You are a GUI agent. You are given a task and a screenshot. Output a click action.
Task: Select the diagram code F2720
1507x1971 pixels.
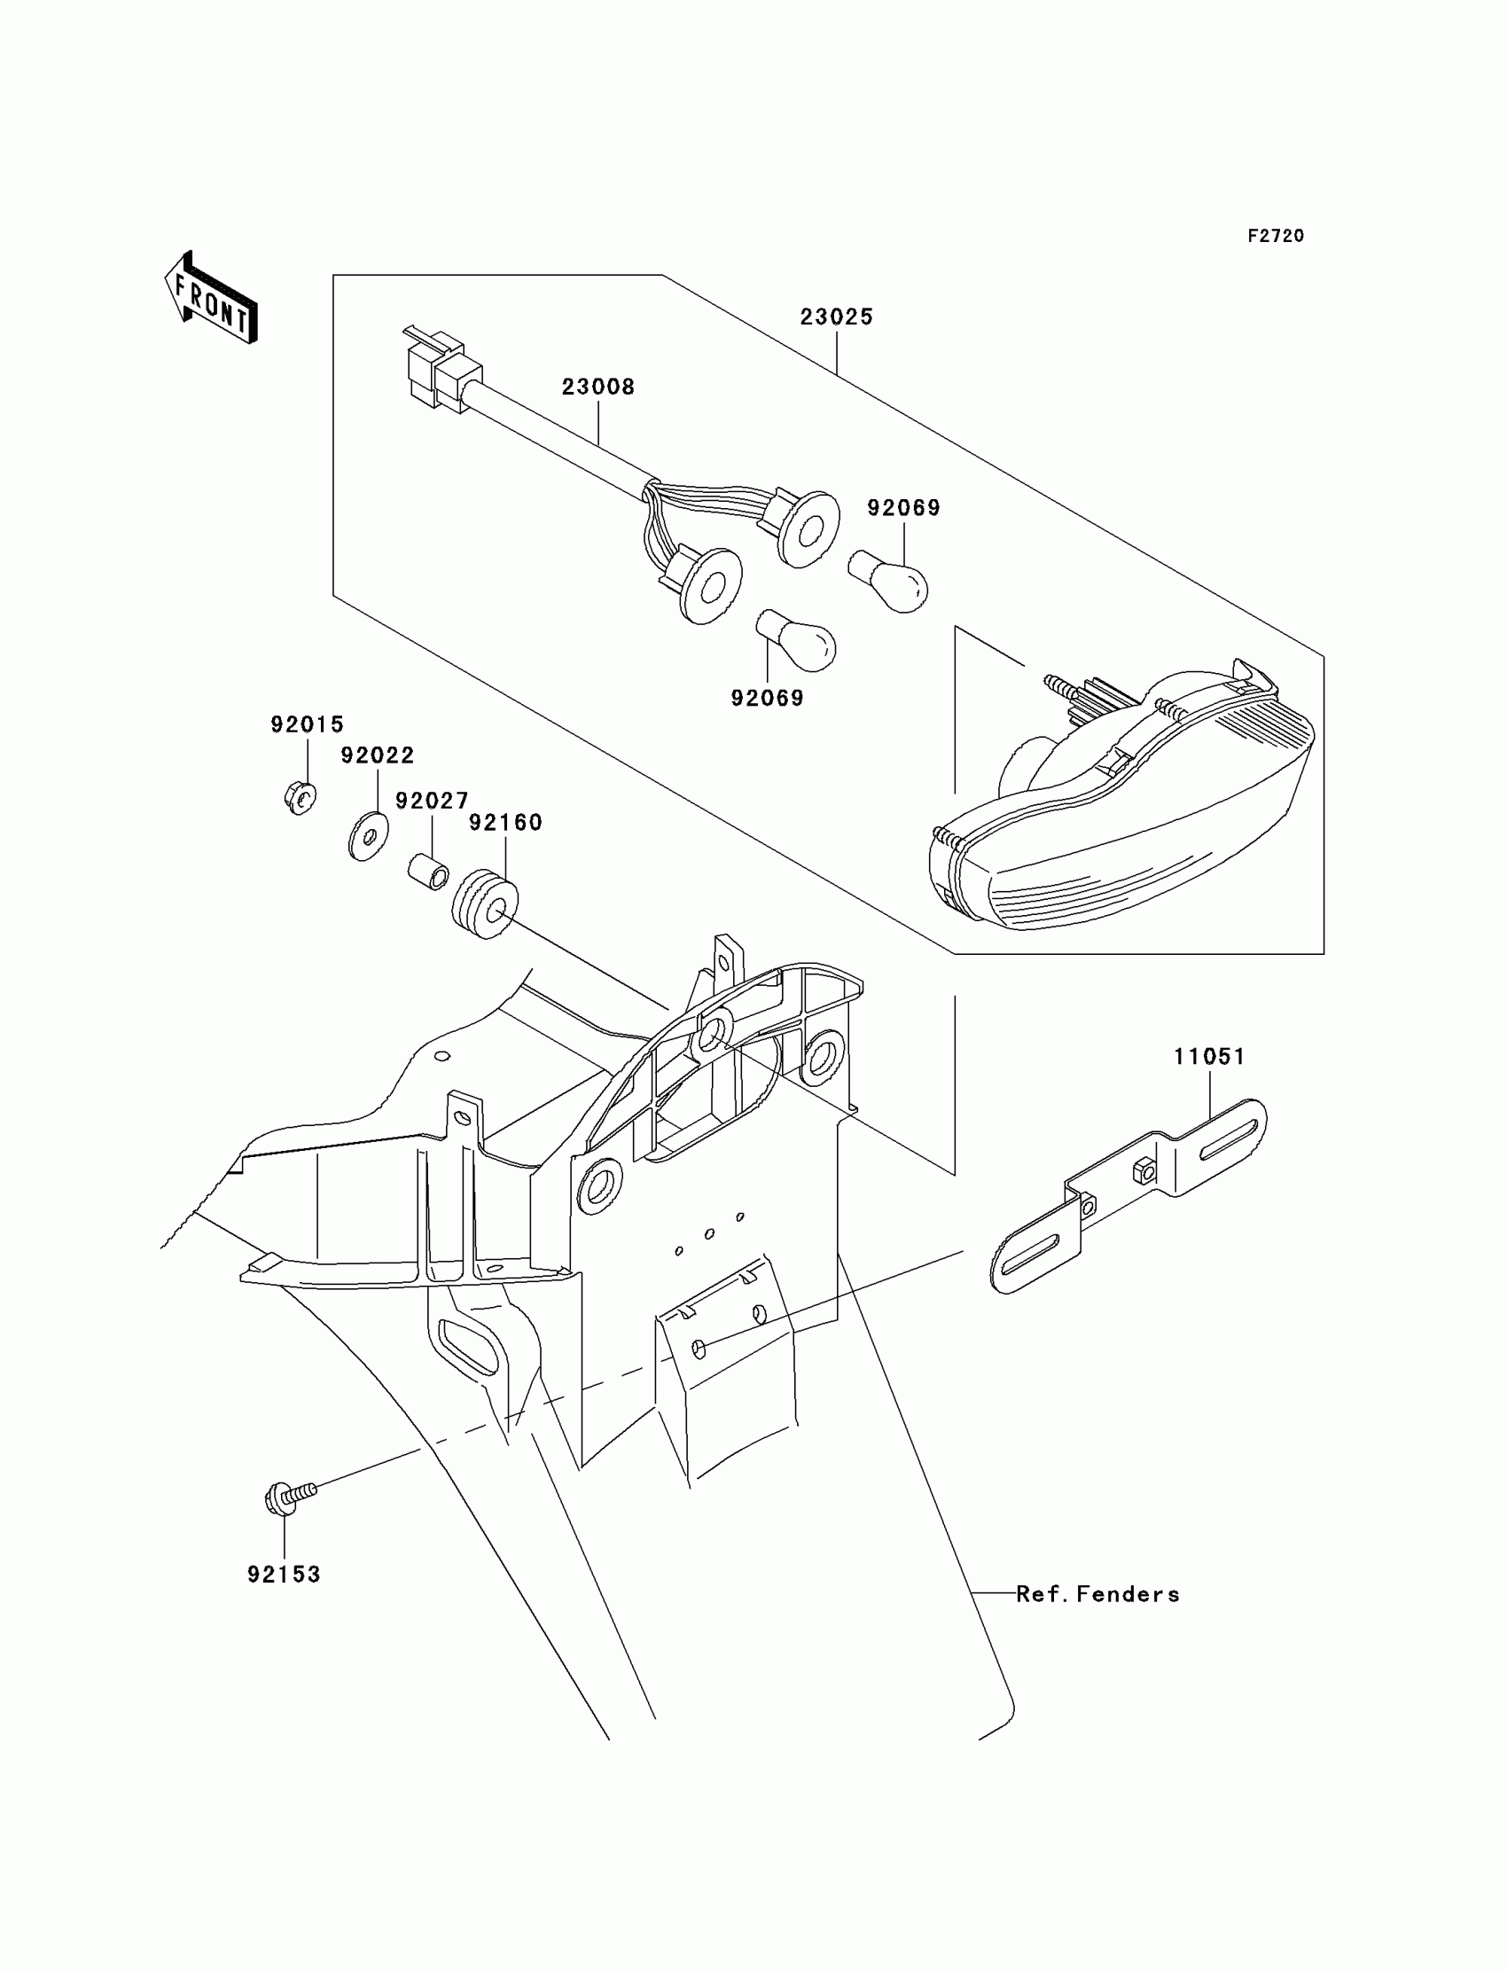click(1276, 236)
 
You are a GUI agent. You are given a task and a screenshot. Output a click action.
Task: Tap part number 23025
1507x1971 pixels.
click(836, 317)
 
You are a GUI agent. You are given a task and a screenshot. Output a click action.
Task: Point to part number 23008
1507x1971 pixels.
click(598, 387)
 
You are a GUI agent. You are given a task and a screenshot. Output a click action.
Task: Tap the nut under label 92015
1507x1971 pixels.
click(301, 797)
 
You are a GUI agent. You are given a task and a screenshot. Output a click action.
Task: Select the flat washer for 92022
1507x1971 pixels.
click(368, 835)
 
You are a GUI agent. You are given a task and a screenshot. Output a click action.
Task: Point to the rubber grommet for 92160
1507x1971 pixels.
click(485, 902)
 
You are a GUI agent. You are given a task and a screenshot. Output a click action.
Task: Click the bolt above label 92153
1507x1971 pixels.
click(289, 1497)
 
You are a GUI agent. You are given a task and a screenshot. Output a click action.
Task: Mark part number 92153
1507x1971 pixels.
click(285, 1575)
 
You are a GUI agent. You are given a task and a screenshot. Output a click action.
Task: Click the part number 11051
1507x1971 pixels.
click(1210, 1057)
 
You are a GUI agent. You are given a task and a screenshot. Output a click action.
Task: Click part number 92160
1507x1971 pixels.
click(506, 823)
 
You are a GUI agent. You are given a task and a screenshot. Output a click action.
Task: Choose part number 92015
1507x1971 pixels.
click(308, 724)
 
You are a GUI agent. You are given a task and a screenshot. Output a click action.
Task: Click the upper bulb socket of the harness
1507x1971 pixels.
click(805, 528)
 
